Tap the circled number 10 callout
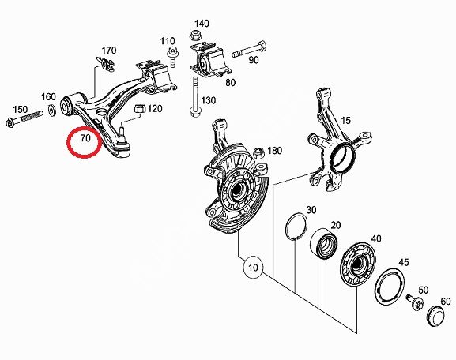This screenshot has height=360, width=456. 254,268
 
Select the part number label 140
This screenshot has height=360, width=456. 202,23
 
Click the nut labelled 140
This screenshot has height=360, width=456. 194,36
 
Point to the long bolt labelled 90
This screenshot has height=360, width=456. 249,50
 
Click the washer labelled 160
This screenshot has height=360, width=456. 52,111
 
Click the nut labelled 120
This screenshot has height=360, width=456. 139,109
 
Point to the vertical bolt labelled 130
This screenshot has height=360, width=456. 194,97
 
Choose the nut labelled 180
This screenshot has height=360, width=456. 258,153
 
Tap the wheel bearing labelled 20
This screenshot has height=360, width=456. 324,243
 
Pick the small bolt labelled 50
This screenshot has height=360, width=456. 415,302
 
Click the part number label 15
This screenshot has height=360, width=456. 345,120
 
